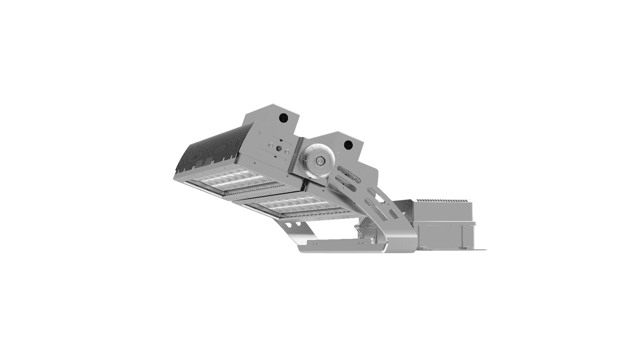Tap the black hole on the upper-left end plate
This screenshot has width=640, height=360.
click(283, 117)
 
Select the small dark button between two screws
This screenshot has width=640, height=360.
click(278, 149)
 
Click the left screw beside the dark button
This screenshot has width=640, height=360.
click(270, 144)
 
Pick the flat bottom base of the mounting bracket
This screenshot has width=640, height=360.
click(338, 245)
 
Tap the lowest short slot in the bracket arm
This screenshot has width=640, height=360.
click(393, 215)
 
